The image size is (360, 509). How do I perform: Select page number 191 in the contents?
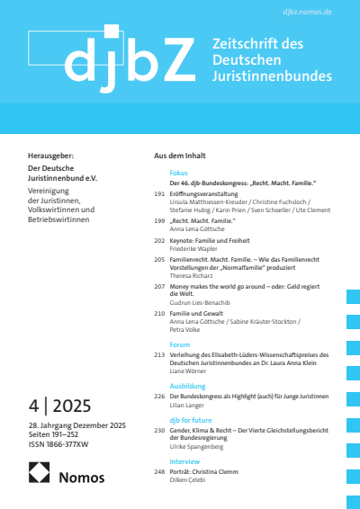click(x=160, y=193)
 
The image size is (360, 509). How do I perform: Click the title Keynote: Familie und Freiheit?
click(x=213, y=241)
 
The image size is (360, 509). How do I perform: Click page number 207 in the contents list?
click(x=160, y=287)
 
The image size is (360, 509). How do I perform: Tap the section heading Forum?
click(x=179, y=344)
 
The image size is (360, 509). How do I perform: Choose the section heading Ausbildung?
click(x=185, y=385)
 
